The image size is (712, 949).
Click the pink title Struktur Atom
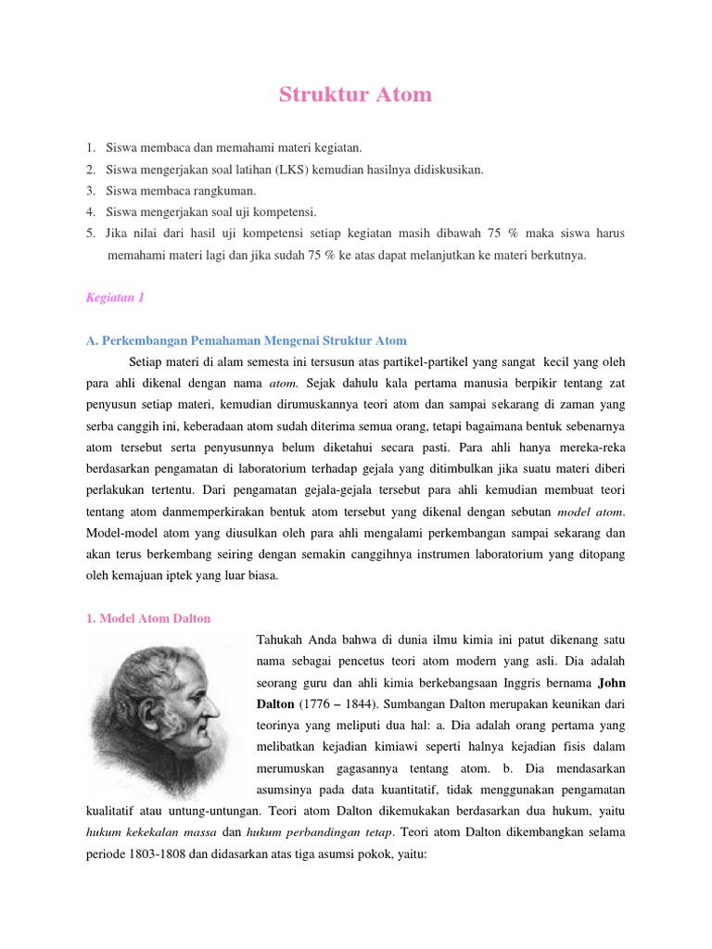(356, 95)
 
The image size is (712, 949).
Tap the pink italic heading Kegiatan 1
(116, 297)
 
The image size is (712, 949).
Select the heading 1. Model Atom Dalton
(148, 618)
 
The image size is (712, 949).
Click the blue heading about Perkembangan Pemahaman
(247, 340)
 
